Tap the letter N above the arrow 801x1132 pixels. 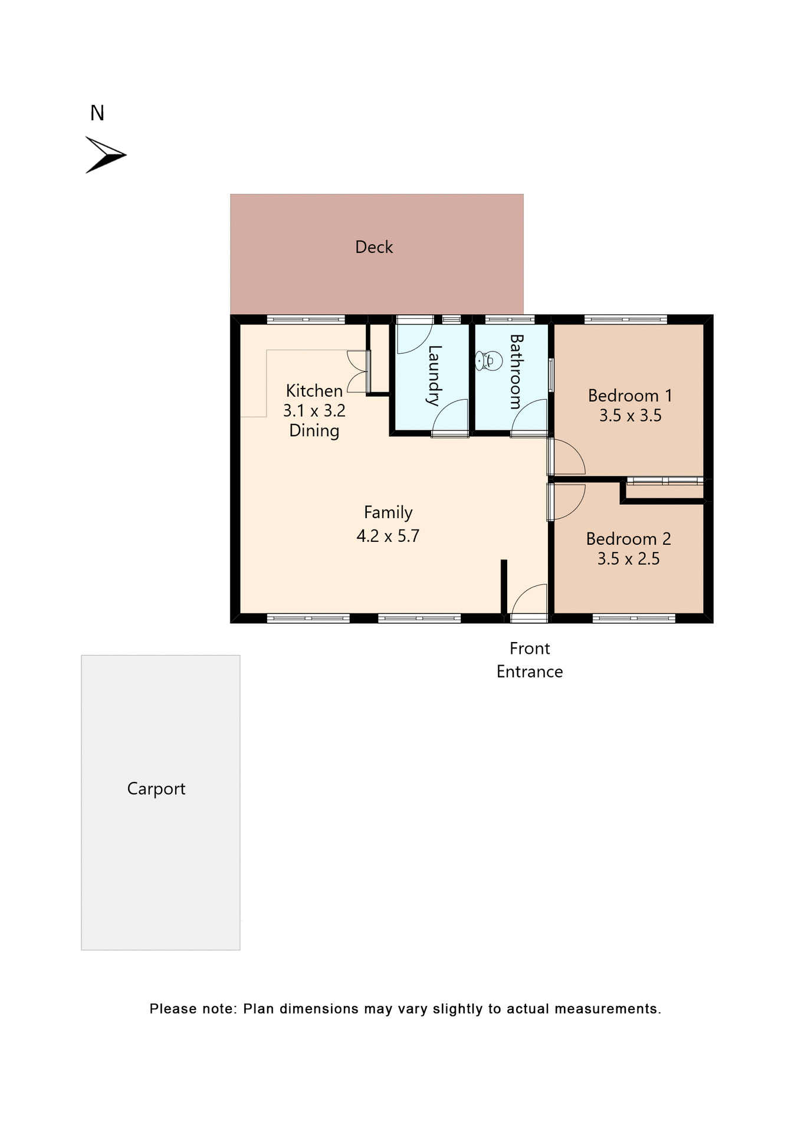pyautogui.click(x=97, y=113)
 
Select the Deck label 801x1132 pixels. pyautogui.click(x=374, y=247)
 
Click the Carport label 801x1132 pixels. pyautogui.click(x=156, y=789)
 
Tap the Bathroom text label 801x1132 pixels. pyautogui.click(x=516, y=371)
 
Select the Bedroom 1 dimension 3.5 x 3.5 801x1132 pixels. pyautogui.click(x=630, y=416)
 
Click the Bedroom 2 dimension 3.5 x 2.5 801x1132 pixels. pyautogui.click(x=628, y=559)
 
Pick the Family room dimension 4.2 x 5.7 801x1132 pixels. pyautogui.click(x=388, y=536)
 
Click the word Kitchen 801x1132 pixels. pyautogui.click(x=314, y=391)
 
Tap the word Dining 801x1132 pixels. pyautogui.click(x=314, y=430)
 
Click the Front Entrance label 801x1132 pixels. pyautogui.click(x=530, y=660)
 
